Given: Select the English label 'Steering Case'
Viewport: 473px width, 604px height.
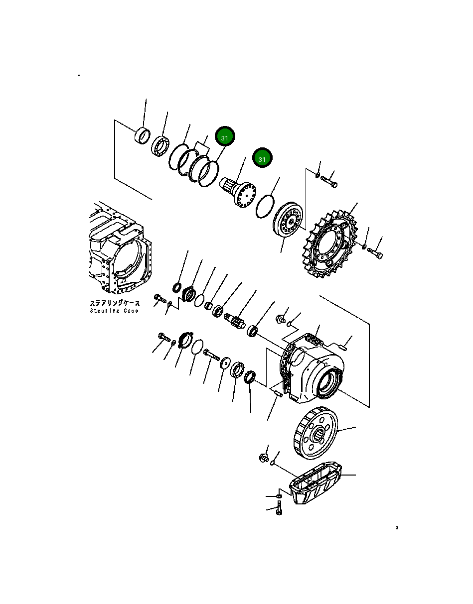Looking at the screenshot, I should coord(115,311).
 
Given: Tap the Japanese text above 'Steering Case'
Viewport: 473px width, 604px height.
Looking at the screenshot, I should coord(115,303).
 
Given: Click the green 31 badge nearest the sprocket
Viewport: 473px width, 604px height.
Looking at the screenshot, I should coord(262,158).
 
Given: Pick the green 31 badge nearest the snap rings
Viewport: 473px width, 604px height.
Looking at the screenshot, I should coord(225,137).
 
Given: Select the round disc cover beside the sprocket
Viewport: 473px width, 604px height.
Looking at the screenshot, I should coord(289,221).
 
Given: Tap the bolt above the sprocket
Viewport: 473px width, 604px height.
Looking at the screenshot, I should coord(329,181).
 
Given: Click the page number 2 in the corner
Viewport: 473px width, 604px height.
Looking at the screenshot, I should coord(397,528).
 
